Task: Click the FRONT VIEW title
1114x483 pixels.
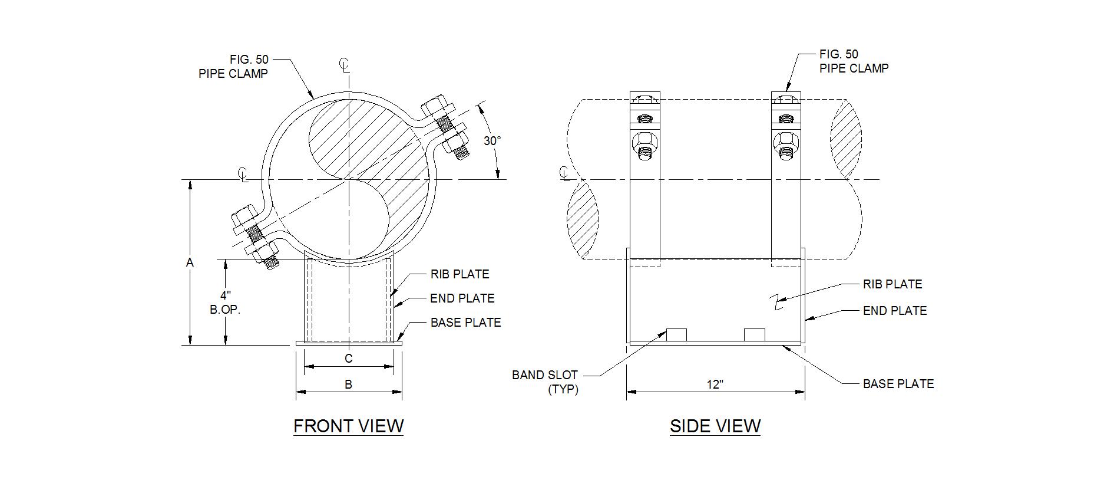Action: click(348, 426)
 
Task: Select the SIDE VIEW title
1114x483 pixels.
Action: click(715, 426)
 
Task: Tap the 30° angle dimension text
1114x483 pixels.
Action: click(492, 141)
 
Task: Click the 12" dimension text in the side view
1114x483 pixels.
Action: click(715, 385)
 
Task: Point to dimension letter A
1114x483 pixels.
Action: click(190, 262)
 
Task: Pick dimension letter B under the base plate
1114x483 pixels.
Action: click(348, 385)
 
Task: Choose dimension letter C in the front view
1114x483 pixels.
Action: click(348, 359)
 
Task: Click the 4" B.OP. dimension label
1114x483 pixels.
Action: click(225, 302)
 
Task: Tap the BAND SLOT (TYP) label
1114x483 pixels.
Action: click(546, 382)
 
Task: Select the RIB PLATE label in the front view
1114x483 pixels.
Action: click(460, 274)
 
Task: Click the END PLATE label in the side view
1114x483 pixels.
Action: click(894, 311)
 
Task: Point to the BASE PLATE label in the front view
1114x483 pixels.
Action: click(465, 323)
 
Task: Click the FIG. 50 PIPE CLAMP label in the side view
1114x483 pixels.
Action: click(853, 61)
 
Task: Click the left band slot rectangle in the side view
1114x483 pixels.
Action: click(676, 334)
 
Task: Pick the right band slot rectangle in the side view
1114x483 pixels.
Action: click(754, 334)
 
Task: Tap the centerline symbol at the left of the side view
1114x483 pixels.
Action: click(564, 173)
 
